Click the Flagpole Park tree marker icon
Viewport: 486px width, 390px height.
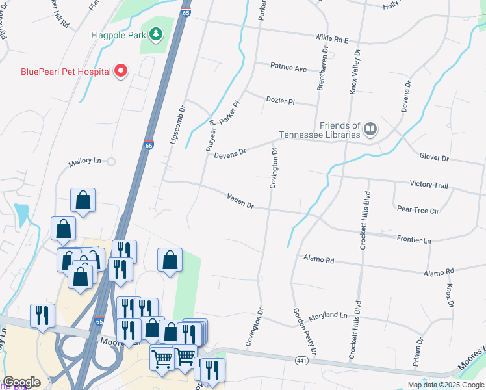(156, 33)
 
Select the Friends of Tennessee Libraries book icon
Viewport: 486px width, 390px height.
(370, 129)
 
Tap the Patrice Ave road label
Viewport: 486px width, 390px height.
(288, 68)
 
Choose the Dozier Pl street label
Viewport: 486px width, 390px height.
(281, 100)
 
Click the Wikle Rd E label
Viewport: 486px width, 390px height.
(332, 40)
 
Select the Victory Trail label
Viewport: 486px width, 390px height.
(429, 185)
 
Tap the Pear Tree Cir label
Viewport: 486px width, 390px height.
(418, 211)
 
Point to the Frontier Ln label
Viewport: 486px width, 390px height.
(413, 240)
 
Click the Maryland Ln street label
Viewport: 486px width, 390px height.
(329, 315)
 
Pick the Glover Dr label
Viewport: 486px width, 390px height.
(434, 157)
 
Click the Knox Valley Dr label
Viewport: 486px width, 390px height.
(354, 71)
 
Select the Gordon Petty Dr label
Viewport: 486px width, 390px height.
(304, 331)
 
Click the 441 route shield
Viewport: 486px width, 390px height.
(300, 360)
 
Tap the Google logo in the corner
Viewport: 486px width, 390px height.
(22, 382)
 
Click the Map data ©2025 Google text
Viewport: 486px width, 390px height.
(446, 385)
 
